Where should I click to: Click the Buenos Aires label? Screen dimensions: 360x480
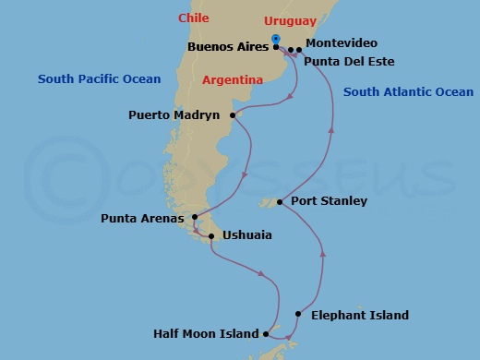click(x=225, y=44)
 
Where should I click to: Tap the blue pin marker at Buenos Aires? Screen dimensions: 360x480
click(x=276, y=39)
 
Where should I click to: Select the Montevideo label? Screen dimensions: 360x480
click(x=341, y=43)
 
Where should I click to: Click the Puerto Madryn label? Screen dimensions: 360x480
click(x=174, y=115)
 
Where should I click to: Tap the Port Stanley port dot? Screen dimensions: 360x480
click(x=281, y=201)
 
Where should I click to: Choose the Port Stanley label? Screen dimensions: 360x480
click(x=329, y=200)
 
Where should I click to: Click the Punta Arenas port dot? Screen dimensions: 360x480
click(x=195, y=218)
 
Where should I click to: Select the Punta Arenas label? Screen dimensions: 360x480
click(x=144, y=220)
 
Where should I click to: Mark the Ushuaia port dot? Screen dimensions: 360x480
click(x=212, y=236)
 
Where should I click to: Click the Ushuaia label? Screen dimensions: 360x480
click(x=246, y=235)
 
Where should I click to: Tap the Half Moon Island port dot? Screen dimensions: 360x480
click(x=266, y=334)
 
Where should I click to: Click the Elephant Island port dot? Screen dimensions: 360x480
click(x=298, y=315)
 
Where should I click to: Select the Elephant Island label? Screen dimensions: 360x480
click(x=360, y=315)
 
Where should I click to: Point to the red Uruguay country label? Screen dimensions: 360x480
click(x=290, y=20)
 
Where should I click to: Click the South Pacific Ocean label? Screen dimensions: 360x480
click(x=99, y=79)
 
